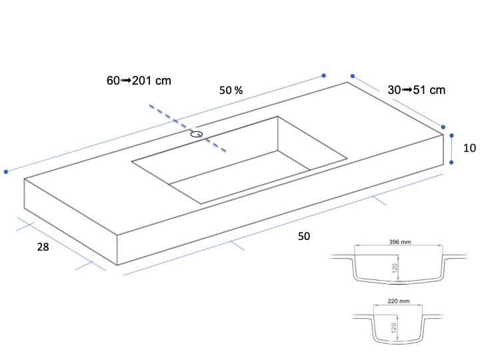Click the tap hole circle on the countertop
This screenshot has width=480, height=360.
point(197,134)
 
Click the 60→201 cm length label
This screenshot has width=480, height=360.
point(139,81)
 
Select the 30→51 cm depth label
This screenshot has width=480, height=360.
point(416,90)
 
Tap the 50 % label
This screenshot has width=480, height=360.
point(231,90)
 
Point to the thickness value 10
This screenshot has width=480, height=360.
point(469,148)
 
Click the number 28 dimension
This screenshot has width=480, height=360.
point(43,247)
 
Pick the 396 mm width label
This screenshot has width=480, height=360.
point(400,242)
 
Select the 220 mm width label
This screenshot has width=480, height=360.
point(399,301)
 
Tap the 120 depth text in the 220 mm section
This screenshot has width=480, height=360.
point(394,328)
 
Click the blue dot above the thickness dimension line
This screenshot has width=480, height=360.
point(451,135)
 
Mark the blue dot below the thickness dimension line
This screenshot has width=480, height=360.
point(451,162)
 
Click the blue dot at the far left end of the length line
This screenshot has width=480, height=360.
point(6,172)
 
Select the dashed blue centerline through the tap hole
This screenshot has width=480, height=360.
point(187,128)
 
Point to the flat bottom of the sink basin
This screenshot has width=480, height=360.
point(239,176)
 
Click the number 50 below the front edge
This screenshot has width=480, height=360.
point(304,236)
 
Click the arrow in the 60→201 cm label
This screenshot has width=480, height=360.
point(126,81)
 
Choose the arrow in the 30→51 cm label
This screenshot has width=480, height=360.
point(407,90)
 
